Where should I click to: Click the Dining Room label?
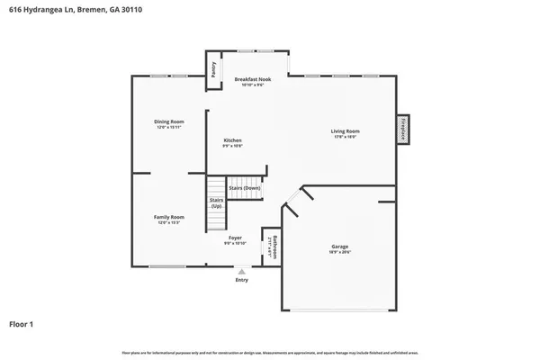pyautogui.click(x=169, y=121)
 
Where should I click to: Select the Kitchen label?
pyautogui.click(x=233, y=139)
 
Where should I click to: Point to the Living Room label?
pyautogui.click(x=346, y=131)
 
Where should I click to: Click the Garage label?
pyautogui.click(x=339, y=246)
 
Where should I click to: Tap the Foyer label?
pyautogui.click(x=235, y=238)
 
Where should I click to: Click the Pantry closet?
pyautogui.click(x=214, y=70)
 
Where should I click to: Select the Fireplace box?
pyautogui.click(x=404, y=128)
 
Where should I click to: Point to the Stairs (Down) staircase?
pyautogui.click(x=244, y=188)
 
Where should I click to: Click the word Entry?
pyautogui.click(x=241, y=280)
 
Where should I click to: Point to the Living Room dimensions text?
pyautogui.click(x=346, y=138)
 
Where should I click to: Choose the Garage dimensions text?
pyautogui.click(x=339, y=252)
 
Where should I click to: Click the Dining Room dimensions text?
pyautogui.click(x=169, y=128)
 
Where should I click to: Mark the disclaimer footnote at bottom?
pyautogui.click(x=270, y=350)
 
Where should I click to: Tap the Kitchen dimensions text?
pyautogui.click(x=233, y=146)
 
